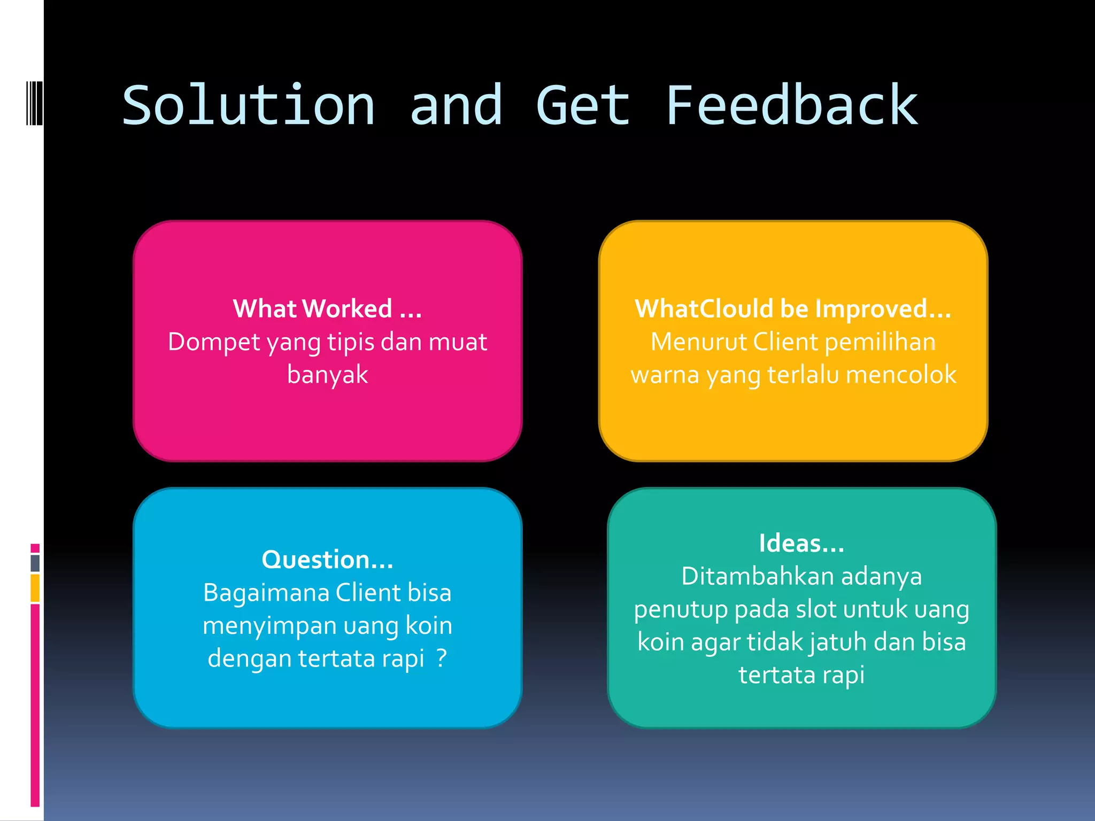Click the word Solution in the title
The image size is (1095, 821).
point(249,106)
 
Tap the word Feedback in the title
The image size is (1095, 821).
point(791,106)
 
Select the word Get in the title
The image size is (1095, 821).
point(583,106)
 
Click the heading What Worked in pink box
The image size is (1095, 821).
point(327,309)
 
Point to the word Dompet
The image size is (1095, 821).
point(214,342)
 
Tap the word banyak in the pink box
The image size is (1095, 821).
point(327,374)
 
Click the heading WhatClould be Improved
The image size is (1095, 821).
point(792,309)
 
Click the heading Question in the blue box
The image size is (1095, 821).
point(327,560)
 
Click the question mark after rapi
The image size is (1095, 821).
point(441,658)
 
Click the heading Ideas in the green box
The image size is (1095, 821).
point(801,544)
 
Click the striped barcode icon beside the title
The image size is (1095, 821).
point(34,103)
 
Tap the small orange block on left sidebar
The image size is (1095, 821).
point(35,588)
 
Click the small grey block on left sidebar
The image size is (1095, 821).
point(35,563)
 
